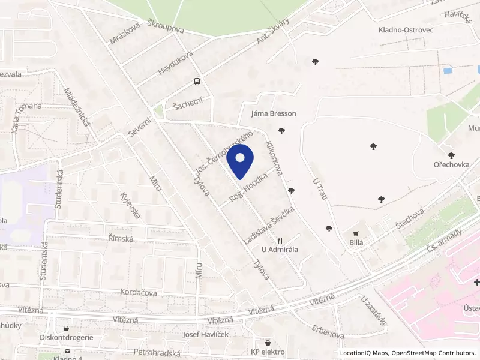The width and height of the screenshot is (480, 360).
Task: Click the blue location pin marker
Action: click(241, 160)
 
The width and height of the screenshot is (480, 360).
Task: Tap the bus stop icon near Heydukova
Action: click(197, 82)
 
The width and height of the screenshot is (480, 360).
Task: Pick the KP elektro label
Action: click(268, 352)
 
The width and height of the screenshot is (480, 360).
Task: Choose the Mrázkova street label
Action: click(125, 34)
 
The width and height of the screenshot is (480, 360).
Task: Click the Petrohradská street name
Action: click(158, 350)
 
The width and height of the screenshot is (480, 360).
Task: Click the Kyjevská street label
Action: click(130, 206)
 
